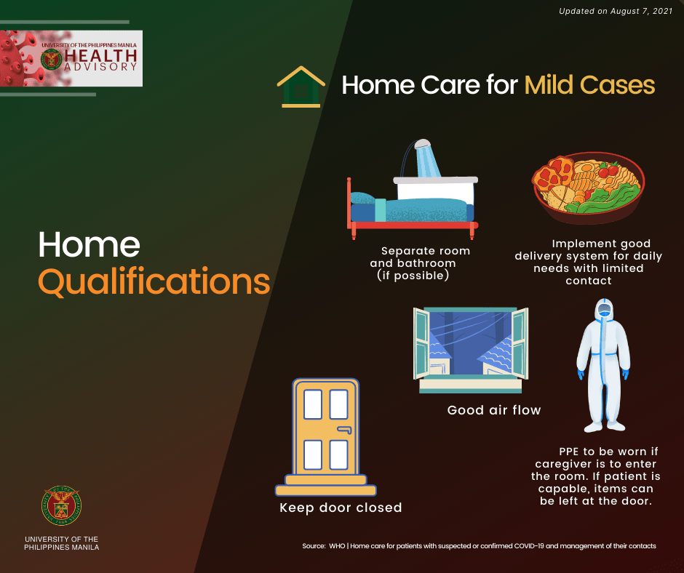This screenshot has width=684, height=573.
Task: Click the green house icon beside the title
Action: pyautogui.click(x=301, y=87)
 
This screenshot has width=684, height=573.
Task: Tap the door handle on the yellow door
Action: pyautogui.click(x=344, y=430)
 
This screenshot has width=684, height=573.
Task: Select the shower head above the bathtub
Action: pyautogui.click(x=422, y=143)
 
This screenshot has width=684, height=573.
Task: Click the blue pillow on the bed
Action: pyautogui.click(x=362, y=198)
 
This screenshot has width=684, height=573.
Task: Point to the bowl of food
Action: pyautogui.click(x=588, y=188)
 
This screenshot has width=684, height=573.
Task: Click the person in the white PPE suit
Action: pyautogui.click(x=604, y=365)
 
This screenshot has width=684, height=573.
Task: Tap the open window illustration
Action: pyautogui.click(x=471, y=350)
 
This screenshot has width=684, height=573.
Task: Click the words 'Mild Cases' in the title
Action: pyautogui.click(x=589, y=84)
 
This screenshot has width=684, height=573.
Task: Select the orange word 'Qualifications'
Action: pyautogui.click(x=154, y=281)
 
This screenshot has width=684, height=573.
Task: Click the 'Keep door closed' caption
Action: pyautogui.click(x=341, y=508)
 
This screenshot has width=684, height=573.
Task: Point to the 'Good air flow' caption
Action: pyautogui.click(x=494, y=410)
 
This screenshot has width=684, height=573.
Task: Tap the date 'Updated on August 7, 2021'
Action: pyautogui.click(x=616, y=11)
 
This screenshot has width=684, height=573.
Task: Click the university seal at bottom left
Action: pyautogui.click(x=62, y=505)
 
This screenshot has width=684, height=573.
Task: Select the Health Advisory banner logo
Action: pyautogui.click(x=71, y=58)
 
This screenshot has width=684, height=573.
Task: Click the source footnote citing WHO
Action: pyautogui.click(x=479, y=546)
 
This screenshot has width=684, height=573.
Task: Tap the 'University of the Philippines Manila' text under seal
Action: pyautogui.click(x=62, y=543)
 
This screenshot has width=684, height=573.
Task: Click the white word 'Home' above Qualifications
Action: pyautogui.click(x=89, y=244)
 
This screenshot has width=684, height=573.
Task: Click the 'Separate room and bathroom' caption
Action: pyautogui.click(x=419, y=263)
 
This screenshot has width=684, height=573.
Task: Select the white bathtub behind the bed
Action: pyautogui.click(x=435, y=188)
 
